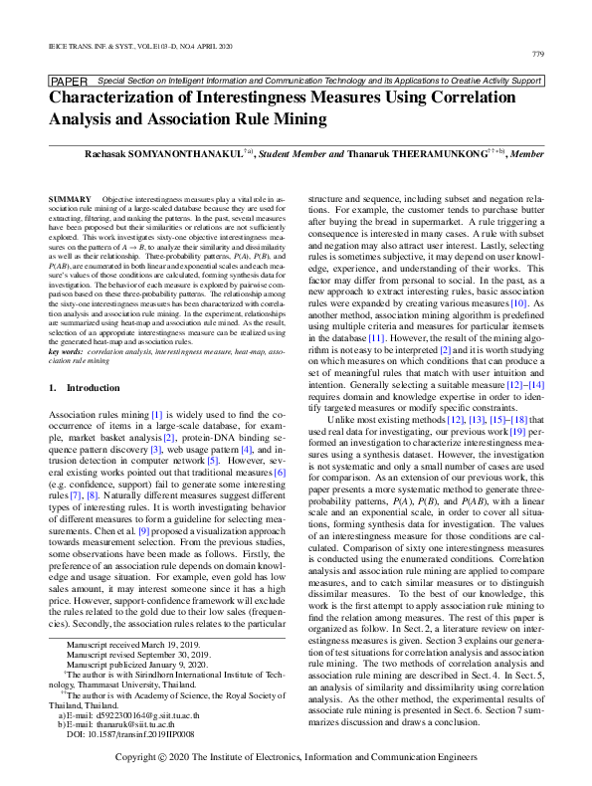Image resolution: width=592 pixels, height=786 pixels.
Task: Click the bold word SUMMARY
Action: (x=69, y=200)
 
